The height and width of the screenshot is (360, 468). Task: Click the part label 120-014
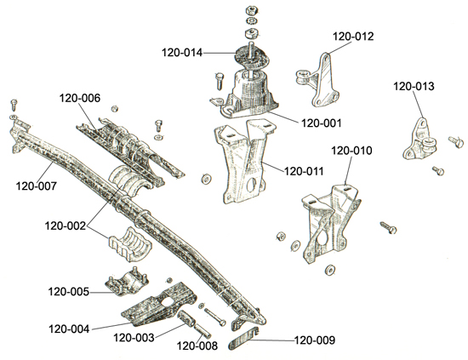tap(182, 53)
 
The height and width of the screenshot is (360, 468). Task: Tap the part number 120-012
tap(353, 37)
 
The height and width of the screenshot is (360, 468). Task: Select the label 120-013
tap(414, 86)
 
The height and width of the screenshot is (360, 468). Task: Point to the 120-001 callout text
tap(321, 123)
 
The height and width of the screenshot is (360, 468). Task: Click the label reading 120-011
tap(304, 171)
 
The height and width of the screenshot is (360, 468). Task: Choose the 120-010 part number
tap(351, 151)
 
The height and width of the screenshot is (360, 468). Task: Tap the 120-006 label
tap(80, 98)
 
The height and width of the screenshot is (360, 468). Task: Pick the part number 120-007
tap(36, 186)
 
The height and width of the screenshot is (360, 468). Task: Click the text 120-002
tap(65, 226)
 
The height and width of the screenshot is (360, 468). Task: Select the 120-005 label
tap(69, 292)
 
